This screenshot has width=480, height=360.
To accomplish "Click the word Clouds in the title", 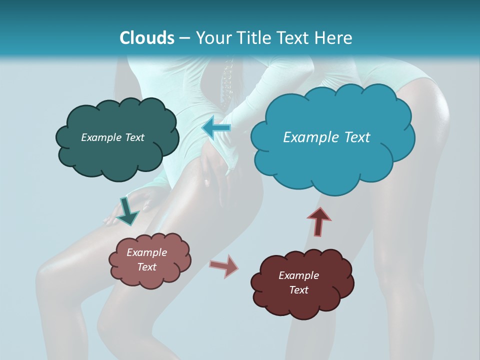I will [x=146, y=38].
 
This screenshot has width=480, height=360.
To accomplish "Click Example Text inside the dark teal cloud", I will [x=112, y=137].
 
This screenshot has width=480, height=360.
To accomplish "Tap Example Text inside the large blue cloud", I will [x=326, y=137].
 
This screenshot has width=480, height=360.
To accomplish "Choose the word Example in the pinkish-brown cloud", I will [x=146, y=252].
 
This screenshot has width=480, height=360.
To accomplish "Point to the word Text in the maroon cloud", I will [x=298, y=290].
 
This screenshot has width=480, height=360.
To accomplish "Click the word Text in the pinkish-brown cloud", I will [x=146, y=267].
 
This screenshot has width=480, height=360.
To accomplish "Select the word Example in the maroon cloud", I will [x=298, y=275].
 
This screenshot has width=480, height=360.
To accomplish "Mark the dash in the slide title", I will [x=184, y=38].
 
